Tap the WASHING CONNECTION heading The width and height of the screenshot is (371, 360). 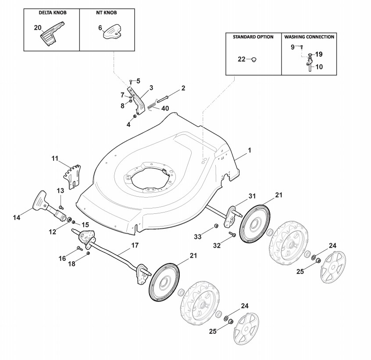tap(309, 37)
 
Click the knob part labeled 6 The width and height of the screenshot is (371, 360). tap(114, 32)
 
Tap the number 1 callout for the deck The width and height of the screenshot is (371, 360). tap(249, 150)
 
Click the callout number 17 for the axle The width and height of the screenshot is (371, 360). tap(135, 245)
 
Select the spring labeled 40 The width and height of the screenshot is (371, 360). tap(152, 105)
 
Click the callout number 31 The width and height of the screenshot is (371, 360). tap(251, 195)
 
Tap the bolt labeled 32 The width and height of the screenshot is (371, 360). tap(233, 235)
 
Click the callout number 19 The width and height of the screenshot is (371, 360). tap(319, 54)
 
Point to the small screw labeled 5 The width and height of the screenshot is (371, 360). tap(131, 81)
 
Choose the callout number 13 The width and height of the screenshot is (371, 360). tap(60, 190)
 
